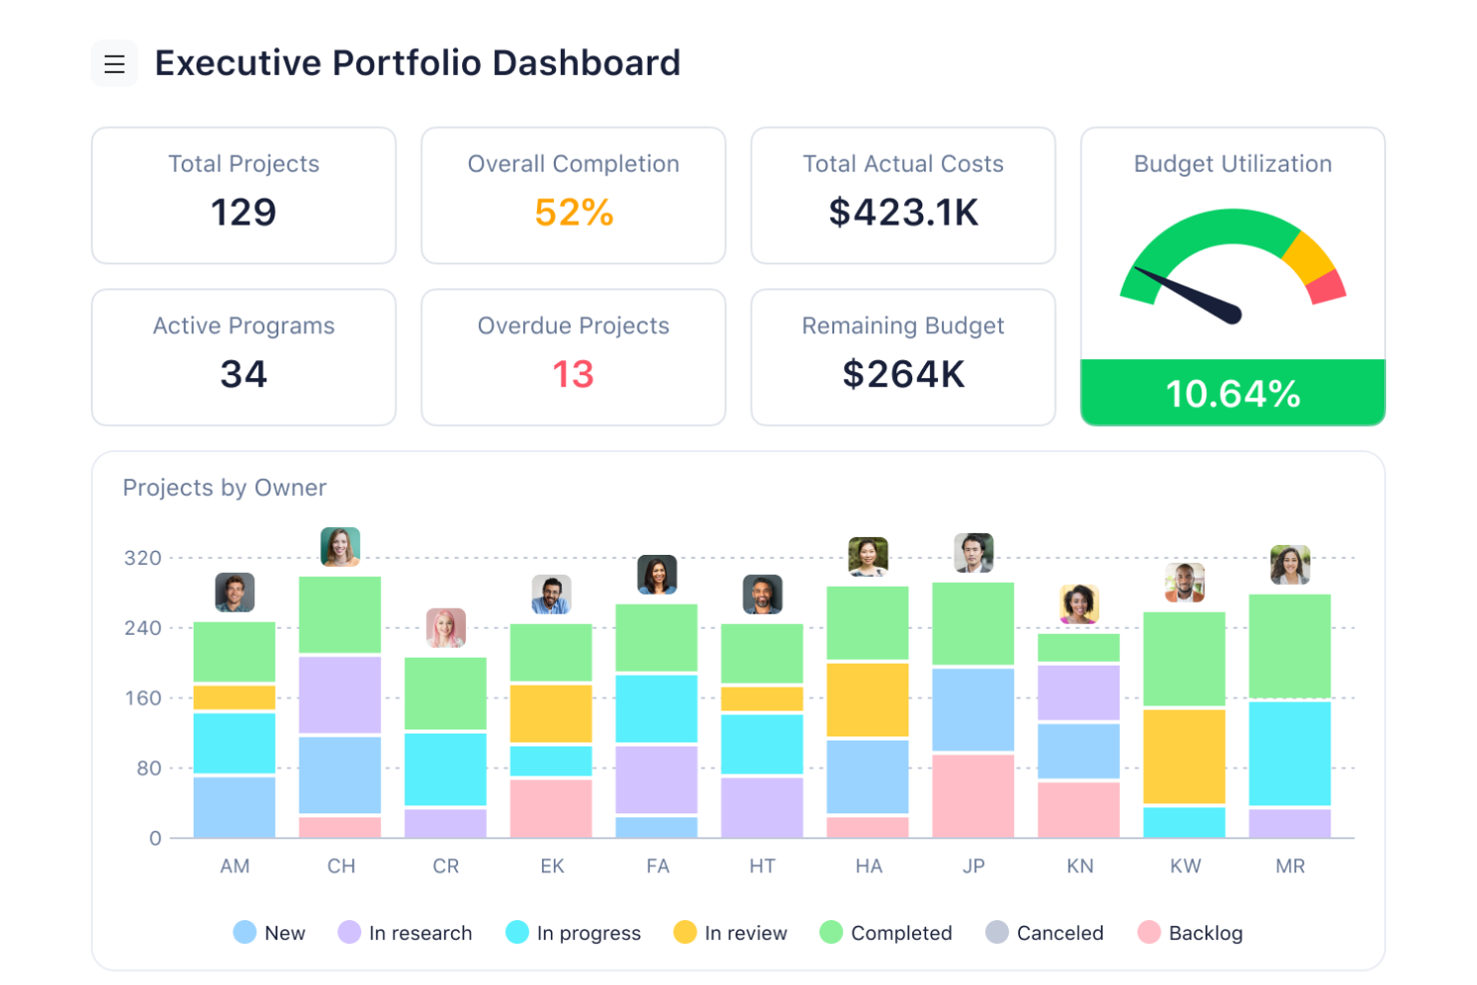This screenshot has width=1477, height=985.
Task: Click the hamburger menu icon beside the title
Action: pos(115,64)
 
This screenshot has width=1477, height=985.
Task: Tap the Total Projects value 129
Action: pos(244,213)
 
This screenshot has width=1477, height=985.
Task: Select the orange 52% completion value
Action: pos(574,213)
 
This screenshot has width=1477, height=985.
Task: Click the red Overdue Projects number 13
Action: pos(573,375)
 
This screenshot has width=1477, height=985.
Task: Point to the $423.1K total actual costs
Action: pos(903,213)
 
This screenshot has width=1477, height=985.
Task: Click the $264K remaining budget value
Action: pos(903,375)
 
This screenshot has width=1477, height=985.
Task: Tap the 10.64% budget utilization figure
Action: pos(1232,394)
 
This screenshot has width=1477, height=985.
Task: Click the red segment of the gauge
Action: pos(1327,287)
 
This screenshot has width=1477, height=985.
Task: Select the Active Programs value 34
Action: pos(244,375)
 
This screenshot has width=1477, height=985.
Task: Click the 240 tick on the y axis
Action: pos(143,629)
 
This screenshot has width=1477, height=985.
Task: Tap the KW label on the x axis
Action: pos(1185,866)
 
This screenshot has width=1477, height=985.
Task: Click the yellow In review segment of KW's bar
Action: pos(1185,755)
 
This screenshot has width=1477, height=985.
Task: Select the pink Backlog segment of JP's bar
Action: pos(973,795)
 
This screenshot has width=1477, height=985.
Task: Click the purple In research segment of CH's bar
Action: pos(340,695)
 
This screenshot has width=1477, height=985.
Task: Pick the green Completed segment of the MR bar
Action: pos(1289,646)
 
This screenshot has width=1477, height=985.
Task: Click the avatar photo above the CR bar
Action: pos(446,628)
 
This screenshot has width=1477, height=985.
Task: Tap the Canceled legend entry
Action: pos(1045,933)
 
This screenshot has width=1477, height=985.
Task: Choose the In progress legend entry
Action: pos(574,933)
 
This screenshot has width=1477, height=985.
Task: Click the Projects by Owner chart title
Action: pos(225,488)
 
